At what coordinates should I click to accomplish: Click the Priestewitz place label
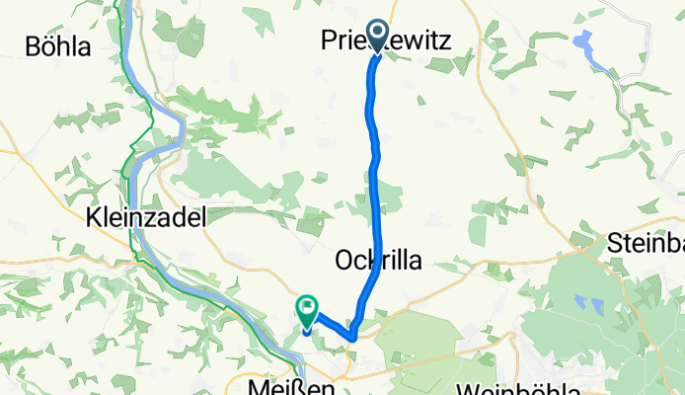[387, 40]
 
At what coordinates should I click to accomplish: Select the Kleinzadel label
[146, 218]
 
